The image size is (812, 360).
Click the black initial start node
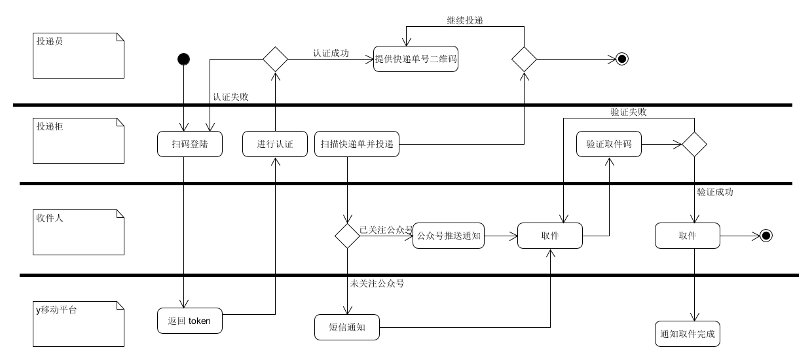(184, 60)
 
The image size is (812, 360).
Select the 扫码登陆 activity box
(190, 144)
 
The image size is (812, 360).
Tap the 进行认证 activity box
(275, 144)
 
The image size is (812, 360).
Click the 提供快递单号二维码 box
(415, 60)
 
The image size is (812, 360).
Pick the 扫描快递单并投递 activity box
(357, 144)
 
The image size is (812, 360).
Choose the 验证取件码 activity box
(609, 144)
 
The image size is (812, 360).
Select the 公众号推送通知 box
(449, 236)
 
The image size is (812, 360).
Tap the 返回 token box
(190, 321)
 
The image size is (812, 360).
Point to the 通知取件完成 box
(688, 334)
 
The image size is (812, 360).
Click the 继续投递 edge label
(461, 20)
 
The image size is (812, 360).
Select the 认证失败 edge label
(231, 96)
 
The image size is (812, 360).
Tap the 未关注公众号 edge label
(377, 283)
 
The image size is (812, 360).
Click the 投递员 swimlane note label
(50, 41)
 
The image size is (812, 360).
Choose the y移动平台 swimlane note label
(56, 310)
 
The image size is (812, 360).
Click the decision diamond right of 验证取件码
(694, 144)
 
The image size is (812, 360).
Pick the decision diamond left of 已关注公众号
(347, 236)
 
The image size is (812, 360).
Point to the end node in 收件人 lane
(766, 236)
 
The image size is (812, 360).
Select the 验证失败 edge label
(629, 112)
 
